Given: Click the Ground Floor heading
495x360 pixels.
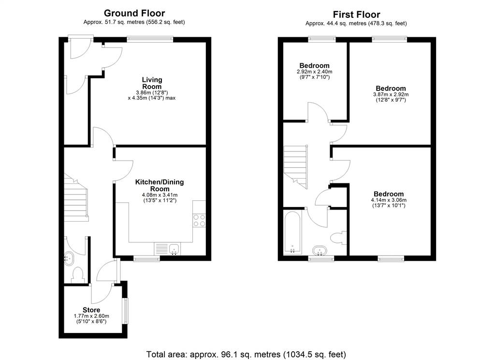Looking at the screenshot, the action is click(x=134, y=13).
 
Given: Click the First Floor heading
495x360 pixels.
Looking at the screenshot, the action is click(x=356, y=15).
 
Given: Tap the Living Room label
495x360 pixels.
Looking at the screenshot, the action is click(x=152, y=83).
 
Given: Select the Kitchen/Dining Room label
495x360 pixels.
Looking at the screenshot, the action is click(x=160, y=185).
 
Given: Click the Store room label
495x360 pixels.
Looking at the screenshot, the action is click(x=91, y=310).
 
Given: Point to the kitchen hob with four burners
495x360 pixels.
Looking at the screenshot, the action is click(x=199, y=220).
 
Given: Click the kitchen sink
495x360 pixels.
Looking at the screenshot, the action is click(x=174, y=249).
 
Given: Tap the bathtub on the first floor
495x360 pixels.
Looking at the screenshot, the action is click(x=292, y=232).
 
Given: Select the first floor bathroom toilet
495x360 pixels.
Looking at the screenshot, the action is click(x=338, y=238).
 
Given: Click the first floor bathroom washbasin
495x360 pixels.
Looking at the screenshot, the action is click(x=320, y=251).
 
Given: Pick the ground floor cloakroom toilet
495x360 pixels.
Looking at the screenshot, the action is click(x=77, y=275).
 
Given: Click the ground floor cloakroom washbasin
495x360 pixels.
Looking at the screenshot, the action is click(x=69, y=258).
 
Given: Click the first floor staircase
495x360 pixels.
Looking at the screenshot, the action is click(x=295, y=167).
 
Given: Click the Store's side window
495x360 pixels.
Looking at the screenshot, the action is click(x=125, y=311).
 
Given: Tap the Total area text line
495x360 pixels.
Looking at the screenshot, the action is click(x=246, y=354).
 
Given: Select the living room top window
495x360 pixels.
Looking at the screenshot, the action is click(x=150, y=39).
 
